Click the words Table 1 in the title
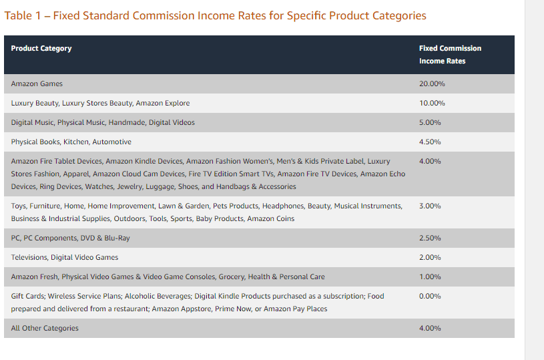pyautogui.click(x=20, y=15)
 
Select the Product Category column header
pyautogui.click(x=41, y=48)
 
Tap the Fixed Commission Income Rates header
pyautogui.click(x=450, y=54)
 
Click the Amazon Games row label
pyautogui.click(x=37, y=84)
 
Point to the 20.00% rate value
pyautogui.click(x=432, y=84)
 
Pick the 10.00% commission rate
pyautogui.click(x=432, y=104)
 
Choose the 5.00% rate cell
pyautogui.click(x=430, y=123)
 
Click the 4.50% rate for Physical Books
pyautogui.click(x=430, y=142)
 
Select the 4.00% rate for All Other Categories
pyautogui.click(x=430, y=328)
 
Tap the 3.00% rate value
pyautogui.click(x=430, y=206)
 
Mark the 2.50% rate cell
pyautogui.click(x=430, y=238)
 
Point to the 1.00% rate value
pyautogui.click(x=430, y=277)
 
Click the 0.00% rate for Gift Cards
pyautogui.click(x=430, y=296)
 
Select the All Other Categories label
pyautogui.click(x=45, y=328)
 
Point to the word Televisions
pyautogui.click(x=29, y=257)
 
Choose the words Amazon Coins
pyautogui.click(x=270, y=218)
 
